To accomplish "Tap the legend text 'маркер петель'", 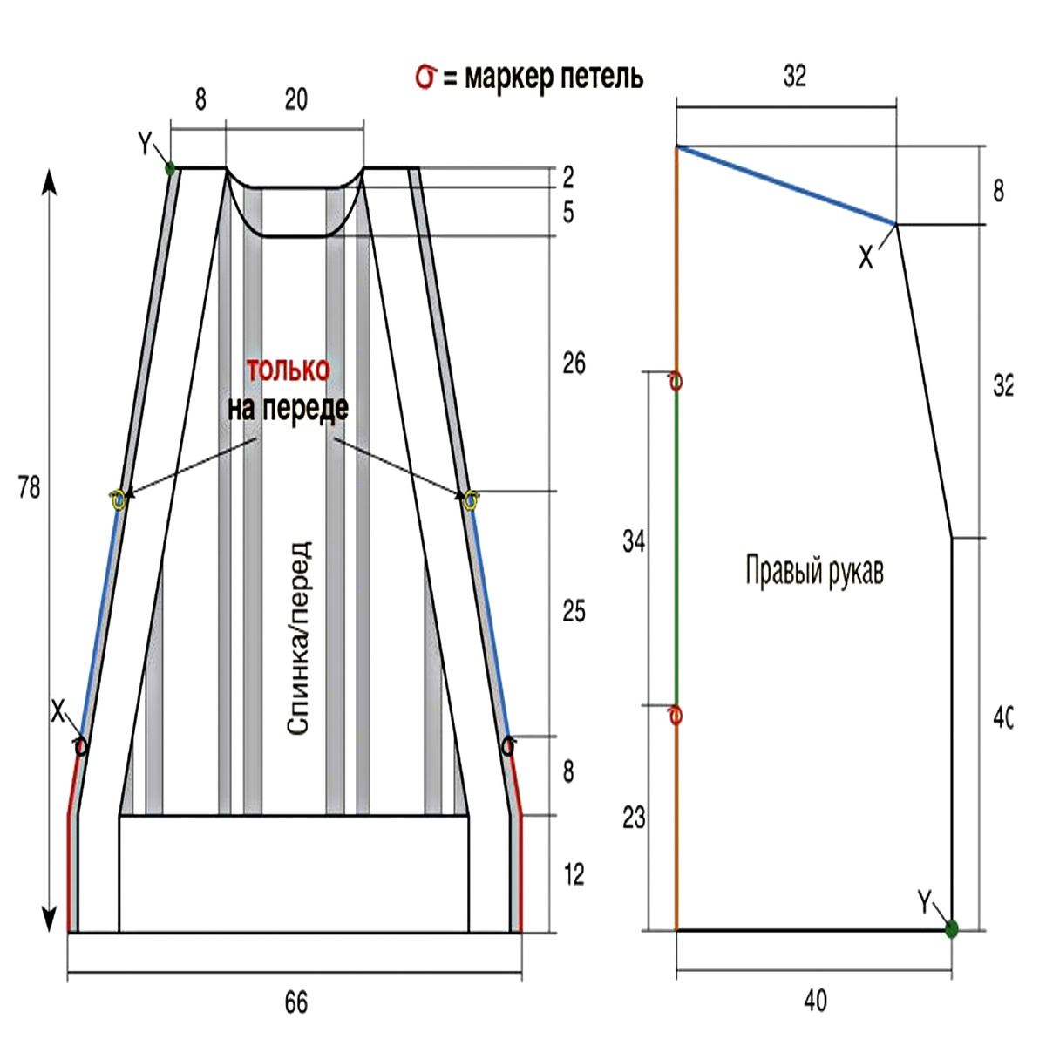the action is (x=554, y=78).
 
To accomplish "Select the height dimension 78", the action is (x=29, y=487).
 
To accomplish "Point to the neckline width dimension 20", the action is (x=295, y=99).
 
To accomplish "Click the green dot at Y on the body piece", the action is (x=171, y=167).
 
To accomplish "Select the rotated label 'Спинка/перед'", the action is (x=299, y=637).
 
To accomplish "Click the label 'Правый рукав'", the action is (x=814, y=571).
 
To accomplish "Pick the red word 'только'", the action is (x=289, y=370).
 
